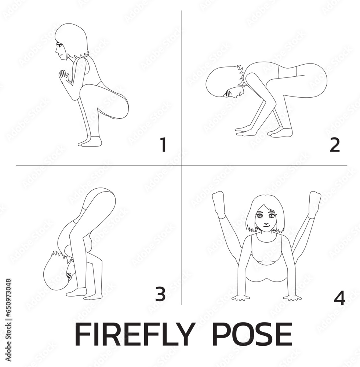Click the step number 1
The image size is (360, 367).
tap(164, 145)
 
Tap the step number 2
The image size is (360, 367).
tap(335, 145)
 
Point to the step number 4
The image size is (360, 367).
tap(339, 298)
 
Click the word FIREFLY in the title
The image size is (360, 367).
tap(134, 334)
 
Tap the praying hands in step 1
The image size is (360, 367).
tap(63, 76)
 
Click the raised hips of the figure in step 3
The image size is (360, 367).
tap(99, 199)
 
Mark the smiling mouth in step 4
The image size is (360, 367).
tap(266, 226)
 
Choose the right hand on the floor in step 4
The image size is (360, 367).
tap(292, 298)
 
